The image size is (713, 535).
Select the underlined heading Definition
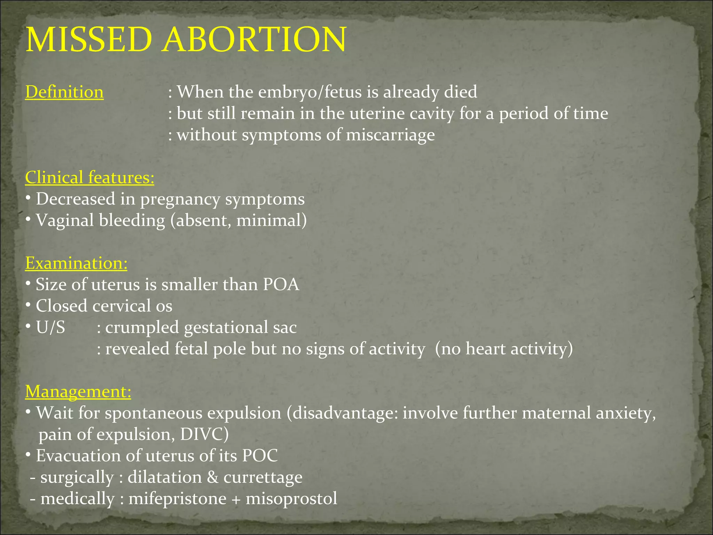[64, 92]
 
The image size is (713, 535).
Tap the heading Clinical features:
[89, 178]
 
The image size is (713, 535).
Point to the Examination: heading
[76, 263]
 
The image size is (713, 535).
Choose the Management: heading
[78, 391]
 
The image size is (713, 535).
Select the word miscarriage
[390, 135]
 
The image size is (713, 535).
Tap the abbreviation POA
[281, 285]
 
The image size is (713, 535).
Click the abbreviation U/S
[50, 327]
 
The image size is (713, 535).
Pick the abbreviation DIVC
[202, 434]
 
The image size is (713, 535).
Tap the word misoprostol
[291, 499]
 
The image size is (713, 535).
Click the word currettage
[263, 478]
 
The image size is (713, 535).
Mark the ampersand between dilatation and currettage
[212, 477]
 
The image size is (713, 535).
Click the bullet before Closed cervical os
[28, 306]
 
